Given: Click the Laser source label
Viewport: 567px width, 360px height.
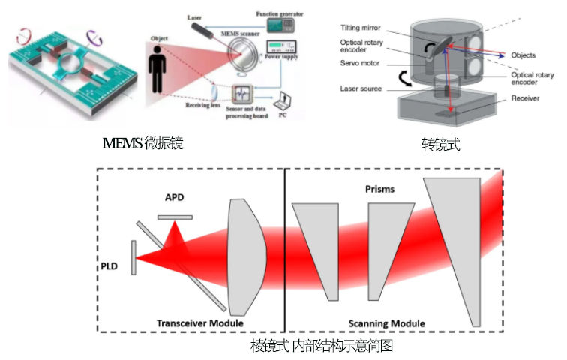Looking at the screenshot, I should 362,88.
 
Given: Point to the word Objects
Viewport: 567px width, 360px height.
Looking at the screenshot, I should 524,55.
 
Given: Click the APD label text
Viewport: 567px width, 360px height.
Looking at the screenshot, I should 175,199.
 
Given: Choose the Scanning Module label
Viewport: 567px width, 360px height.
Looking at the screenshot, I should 386,323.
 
